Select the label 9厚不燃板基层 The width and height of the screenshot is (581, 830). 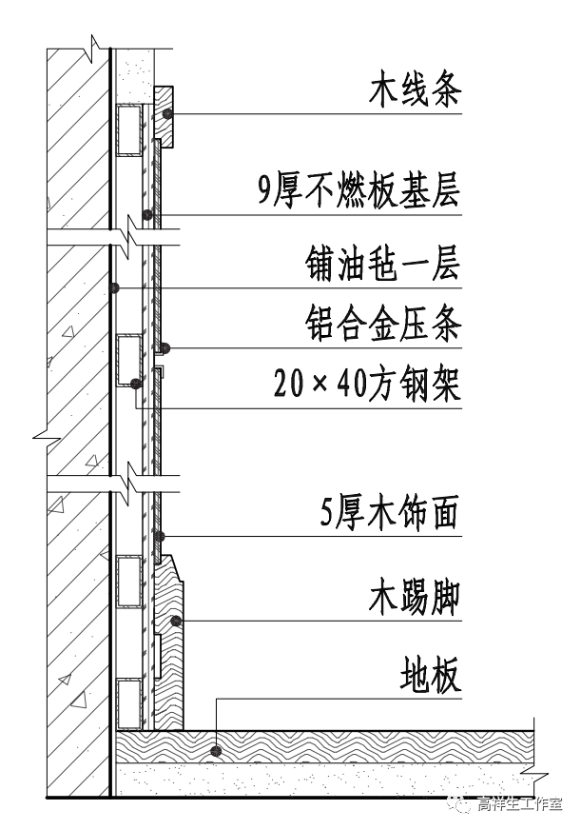pos(358,191)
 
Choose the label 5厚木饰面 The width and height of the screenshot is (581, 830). pos(390,514)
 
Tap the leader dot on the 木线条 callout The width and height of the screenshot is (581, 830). pos(167,115)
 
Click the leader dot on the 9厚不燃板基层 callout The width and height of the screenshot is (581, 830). pos(146,213)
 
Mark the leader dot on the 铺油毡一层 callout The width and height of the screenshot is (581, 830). pos(113,287)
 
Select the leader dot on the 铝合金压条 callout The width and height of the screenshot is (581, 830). pos(164,346)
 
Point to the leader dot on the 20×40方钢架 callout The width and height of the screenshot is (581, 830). pos(136,383)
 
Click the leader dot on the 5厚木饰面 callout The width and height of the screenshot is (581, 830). pos(160,536)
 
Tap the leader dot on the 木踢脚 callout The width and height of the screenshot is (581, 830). pos(175,622)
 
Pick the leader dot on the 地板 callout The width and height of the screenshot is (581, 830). pos(218,750)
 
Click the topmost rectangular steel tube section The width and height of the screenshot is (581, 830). pos(128,130)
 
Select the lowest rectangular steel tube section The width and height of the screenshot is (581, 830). pos(128,703)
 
